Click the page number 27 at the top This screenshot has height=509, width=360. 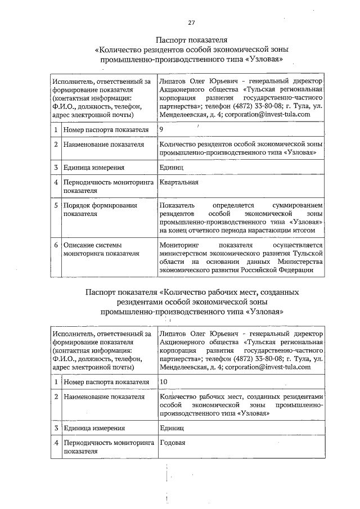pyautogui.click(x=191, y=22)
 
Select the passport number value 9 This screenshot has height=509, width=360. pyautogui.click(x=162, y=129)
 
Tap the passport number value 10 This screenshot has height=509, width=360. pyautogui.click(x=164, y=382)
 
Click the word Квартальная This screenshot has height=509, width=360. pyautogui.click(x=179, y=182)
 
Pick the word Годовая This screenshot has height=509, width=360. pyautogui.click(x=173, y=442)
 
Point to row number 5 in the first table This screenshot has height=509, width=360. pyautogui.click(x=56, y=206)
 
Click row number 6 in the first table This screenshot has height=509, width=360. pyautogui.click(x=56, y=245)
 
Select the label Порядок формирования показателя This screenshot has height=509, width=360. pyautogui.click(x=100, y=210)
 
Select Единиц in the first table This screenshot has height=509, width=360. pyautogui.click(x=171, y=167)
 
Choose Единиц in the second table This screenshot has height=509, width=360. pyautogui.click(x=171, y=428)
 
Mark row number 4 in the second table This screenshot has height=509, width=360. pyautogui.click(x=56, y=443)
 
